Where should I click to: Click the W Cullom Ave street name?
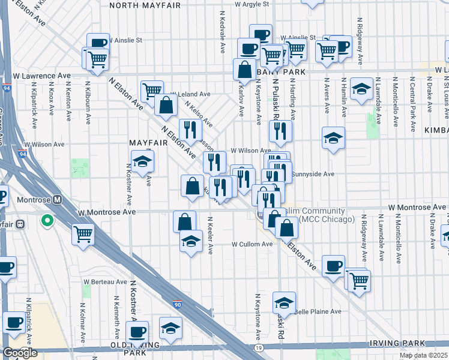pos(253,244)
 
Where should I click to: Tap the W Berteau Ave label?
pos(105,281)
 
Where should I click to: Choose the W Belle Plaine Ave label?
pos(316,311)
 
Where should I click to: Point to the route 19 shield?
pos(258,347)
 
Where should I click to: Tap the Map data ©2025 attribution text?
pos(424,355)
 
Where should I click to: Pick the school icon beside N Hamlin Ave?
pos(361,89)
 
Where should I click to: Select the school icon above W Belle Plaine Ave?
pos(285,302)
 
